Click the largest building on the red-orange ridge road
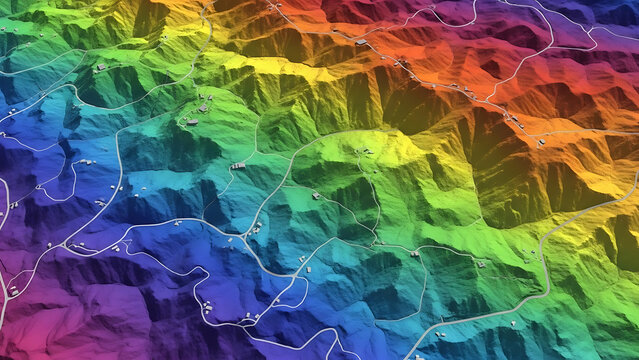click(x=361, y=41)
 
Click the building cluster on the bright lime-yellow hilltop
click(x=362, y=152)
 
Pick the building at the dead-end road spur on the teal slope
click(x=238, y=165)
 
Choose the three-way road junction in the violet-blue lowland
click(x=64, y=245)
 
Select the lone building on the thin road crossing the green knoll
click(x=316, y=196)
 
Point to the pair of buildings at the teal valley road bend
click(x=255, y=229)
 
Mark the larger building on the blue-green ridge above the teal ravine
click(x=191, y=122)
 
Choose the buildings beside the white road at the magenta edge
click(x=12, y=291)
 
